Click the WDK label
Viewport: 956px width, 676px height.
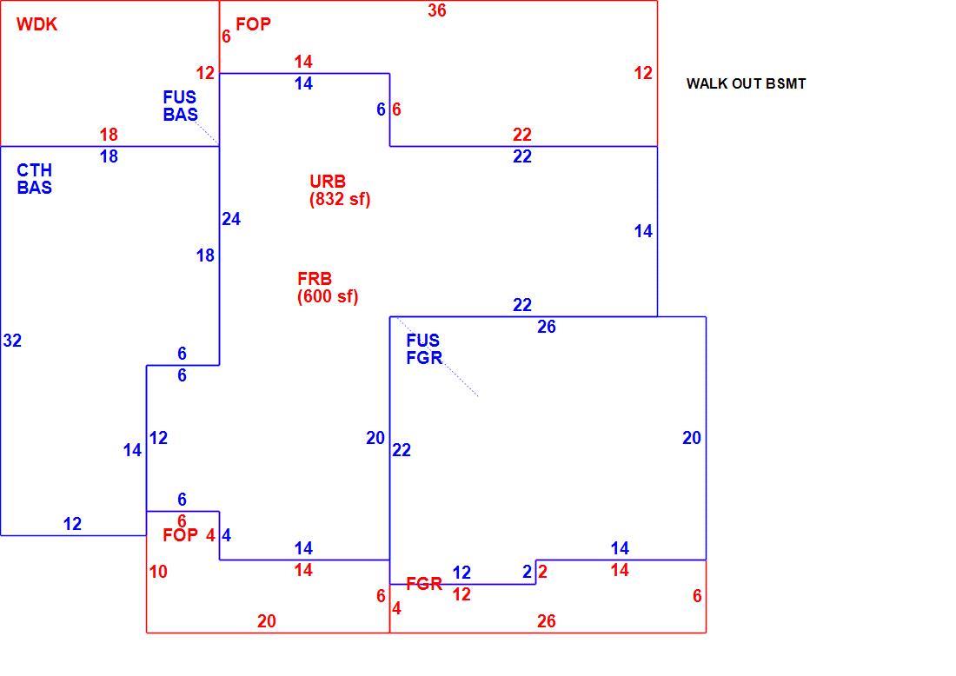point(37,24)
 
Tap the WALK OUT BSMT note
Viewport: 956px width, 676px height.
point(746,84)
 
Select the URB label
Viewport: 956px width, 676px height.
point(328,182)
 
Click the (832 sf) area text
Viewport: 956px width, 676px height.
point(340,199)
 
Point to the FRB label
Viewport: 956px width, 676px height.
point(315,279)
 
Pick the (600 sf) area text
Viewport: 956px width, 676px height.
point(328,297)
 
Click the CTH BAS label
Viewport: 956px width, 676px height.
point(34,179)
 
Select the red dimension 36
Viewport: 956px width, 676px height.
point(436,10)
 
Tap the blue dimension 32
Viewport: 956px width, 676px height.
point(12,341)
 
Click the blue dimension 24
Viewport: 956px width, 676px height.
point(231,219)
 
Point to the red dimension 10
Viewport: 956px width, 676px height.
point(158,572)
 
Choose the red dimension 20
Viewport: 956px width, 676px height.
point(267,621)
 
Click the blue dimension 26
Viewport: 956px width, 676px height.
point(547,327)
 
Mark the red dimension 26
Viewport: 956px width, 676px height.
point(547,621)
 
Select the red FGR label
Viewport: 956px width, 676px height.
point(424,584)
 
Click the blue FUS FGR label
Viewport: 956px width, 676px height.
point(424,349)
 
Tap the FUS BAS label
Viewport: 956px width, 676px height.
point(180,106)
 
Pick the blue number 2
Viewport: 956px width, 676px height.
point(528,572)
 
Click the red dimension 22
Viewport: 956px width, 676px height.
point(522,134)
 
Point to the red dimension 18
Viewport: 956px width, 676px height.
point(109,134)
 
